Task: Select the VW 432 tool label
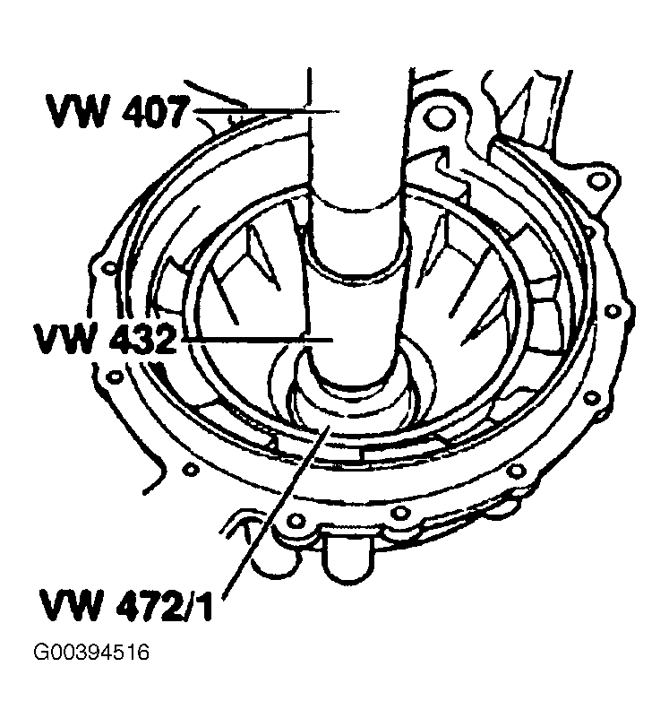[106, 339]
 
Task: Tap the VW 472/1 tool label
[127, 604]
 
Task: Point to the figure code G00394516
[91, 653]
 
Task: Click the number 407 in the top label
[153, 111]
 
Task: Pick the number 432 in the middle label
[143, 339]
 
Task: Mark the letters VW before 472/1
[71, 604]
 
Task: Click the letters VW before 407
[76, 111]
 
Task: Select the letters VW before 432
[65, 339]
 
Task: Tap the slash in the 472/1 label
[190, 604]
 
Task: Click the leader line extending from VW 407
[266, 111]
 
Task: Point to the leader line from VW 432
[257, 341]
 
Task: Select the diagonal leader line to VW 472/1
[277, 508]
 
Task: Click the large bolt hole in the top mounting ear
[438, 117]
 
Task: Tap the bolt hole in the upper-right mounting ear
[599, 180]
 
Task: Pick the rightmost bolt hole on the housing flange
[613, 310]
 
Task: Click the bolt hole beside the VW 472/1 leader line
[296, 519]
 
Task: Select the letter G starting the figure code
[41, 653]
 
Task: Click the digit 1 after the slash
[206, 604]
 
